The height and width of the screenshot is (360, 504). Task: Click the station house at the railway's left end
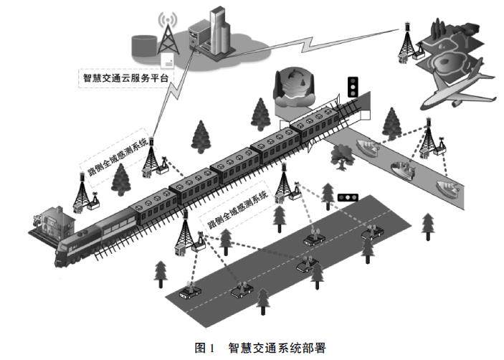click(50, 222)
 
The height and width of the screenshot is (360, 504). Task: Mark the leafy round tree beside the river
click(341, 153)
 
